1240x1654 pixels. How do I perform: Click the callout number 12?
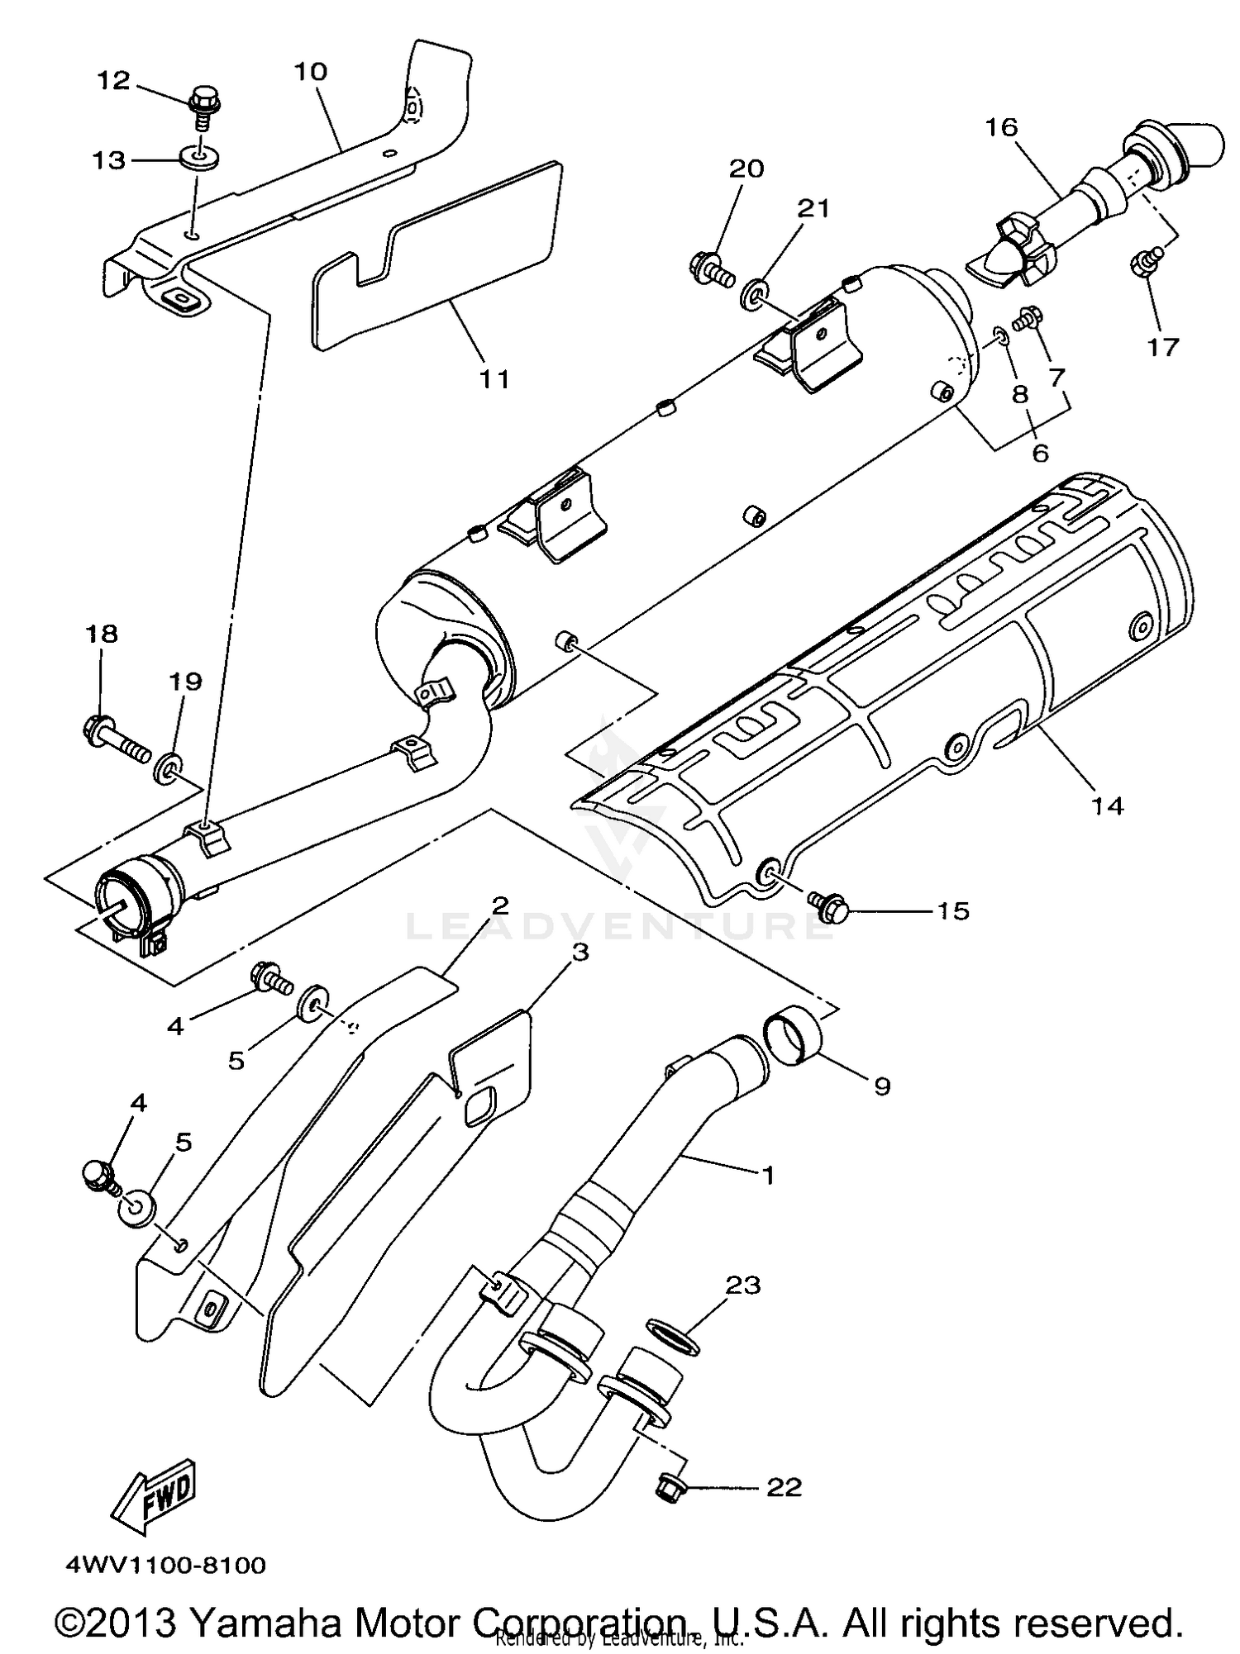tap(114, 81)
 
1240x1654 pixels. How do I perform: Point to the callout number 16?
tap(1001, 127)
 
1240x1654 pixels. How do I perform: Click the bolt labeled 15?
tap(827, 905)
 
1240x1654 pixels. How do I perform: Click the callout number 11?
tap(494, 379)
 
